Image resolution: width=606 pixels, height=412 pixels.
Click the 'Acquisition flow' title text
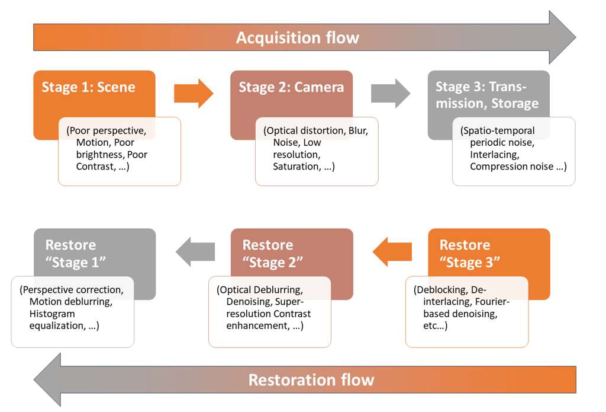297,38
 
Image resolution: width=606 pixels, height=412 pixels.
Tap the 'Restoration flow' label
311,379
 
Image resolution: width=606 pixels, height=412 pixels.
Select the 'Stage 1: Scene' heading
88,87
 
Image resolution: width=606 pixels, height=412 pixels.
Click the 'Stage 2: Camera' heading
291,87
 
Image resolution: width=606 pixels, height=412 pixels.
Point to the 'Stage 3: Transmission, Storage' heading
486,95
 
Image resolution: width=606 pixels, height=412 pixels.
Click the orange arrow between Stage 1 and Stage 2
194,93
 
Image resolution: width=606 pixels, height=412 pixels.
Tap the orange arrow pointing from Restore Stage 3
392,252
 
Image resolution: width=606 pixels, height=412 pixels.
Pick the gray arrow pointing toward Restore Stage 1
195,252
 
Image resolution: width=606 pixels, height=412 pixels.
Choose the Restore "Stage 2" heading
272,253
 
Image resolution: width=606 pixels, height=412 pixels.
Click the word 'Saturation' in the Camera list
296,167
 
